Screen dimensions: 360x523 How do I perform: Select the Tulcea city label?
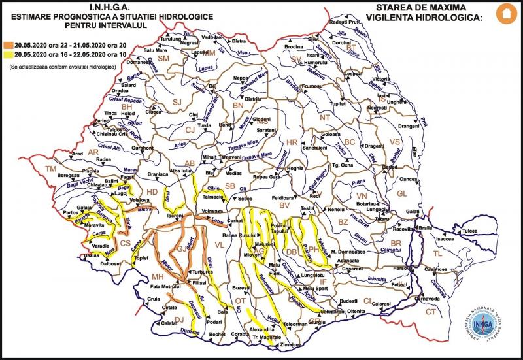(470, 231)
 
